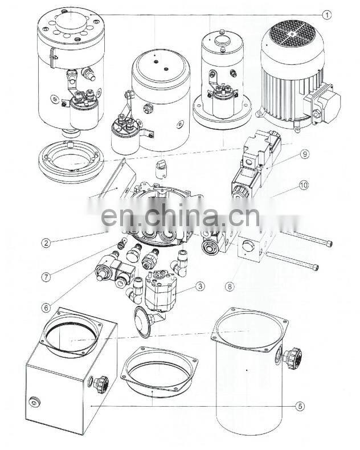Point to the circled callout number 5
click(x=300, y=406)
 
